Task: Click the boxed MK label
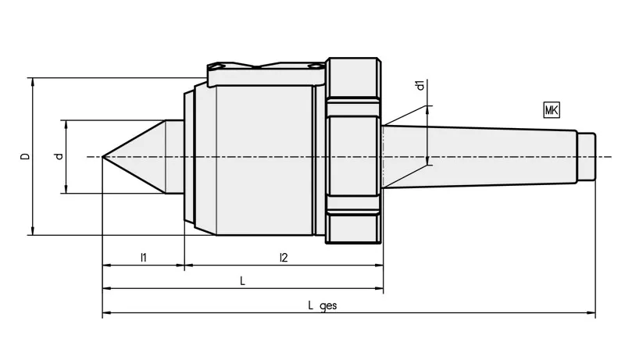click(x=552, y=110)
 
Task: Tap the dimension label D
click(x=26, y=156)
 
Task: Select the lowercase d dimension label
click(x=59, y=156)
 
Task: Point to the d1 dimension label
click(x=420, y=85)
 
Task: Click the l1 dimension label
click(x=144, y=258)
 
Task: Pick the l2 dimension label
click(x=284, y=258)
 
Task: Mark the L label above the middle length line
click(x=242, y=281)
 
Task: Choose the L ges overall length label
click(x=323, y=305)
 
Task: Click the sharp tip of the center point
click(x=102, y=157)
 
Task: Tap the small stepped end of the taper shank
click(x=587, y=156)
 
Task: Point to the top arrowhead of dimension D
click(x=33, y=82)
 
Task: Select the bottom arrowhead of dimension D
click(x=33, y=231)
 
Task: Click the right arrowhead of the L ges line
click(x=591, y=313)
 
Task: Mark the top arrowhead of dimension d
click(x=66, y=124)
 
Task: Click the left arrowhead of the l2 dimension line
click(x=189, y=265)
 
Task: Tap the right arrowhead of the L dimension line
click(x=379, y=288)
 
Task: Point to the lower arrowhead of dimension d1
click(x=427, y=161)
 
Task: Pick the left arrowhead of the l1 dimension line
click(x=107, y=265)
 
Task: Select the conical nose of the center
click(x=134, y=157)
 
